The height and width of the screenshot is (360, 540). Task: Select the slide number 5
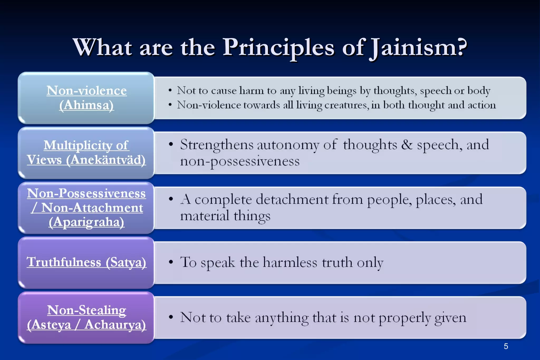506,346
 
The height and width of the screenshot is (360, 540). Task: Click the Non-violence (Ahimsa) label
86,98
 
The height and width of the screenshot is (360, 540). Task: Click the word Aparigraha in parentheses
86,222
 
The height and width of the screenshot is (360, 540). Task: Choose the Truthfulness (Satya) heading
86,262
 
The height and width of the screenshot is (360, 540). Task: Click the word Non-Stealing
86,310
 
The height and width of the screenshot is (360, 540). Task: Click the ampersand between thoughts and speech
407,145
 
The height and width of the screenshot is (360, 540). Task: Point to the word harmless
290,262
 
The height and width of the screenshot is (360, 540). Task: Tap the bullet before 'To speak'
171,262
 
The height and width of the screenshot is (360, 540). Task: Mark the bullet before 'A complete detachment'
171,199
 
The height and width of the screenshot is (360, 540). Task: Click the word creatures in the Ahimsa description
345,105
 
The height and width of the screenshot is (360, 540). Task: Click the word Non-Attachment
92,208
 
